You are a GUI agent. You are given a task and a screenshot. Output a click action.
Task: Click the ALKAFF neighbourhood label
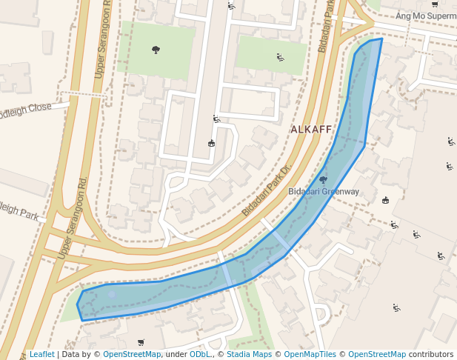tap(311, 130)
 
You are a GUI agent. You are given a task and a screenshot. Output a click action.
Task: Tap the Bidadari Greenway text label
tap(324, 191)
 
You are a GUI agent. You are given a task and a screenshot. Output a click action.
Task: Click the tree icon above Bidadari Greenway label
tap(322, 179)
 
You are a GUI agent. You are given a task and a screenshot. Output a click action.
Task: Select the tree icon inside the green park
tap(156, 50)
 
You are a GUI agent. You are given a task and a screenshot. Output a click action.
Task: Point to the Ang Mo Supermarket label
tap(426, 16)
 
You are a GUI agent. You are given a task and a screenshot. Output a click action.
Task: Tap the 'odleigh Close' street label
tap(25, 108)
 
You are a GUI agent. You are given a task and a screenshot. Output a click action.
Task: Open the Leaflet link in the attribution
tap(41, 355)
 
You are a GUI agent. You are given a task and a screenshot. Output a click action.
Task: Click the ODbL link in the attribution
tap(199, 355)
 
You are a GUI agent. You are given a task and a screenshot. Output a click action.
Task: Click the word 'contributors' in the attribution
tap(431, 355)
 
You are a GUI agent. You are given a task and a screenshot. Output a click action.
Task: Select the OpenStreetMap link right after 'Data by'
tap(132, 355)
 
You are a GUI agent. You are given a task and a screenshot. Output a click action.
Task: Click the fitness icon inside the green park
tap(280, 57)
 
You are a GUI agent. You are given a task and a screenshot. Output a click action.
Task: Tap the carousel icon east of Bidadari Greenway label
tap(385, 200)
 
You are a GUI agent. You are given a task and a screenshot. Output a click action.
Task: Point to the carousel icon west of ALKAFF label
tap(211, 143)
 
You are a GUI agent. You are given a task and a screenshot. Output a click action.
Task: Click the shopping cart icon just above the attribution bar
tap(141, 343)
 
